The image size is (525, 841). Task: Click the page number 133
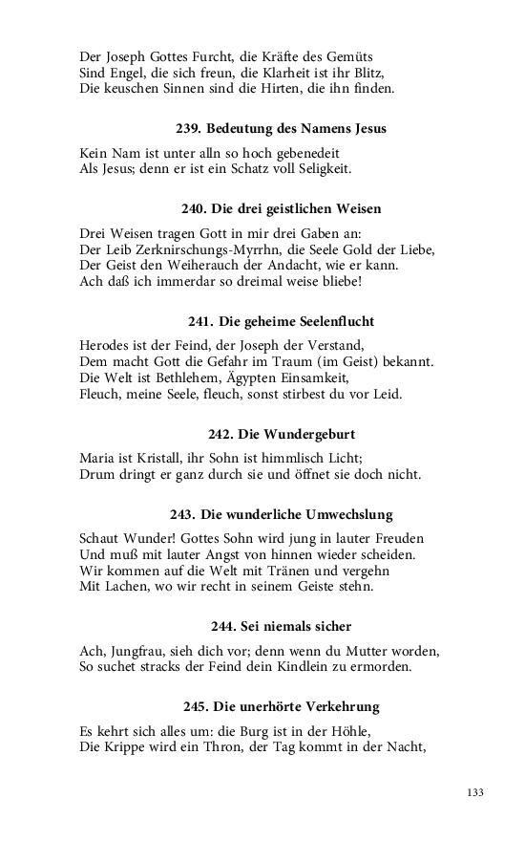[476, 792]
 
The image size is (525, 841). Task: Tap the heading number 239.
[189, 128]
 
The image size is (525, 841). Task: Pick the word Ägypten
[250, 378]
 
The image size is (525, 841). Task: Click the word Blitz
[418, 73]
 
